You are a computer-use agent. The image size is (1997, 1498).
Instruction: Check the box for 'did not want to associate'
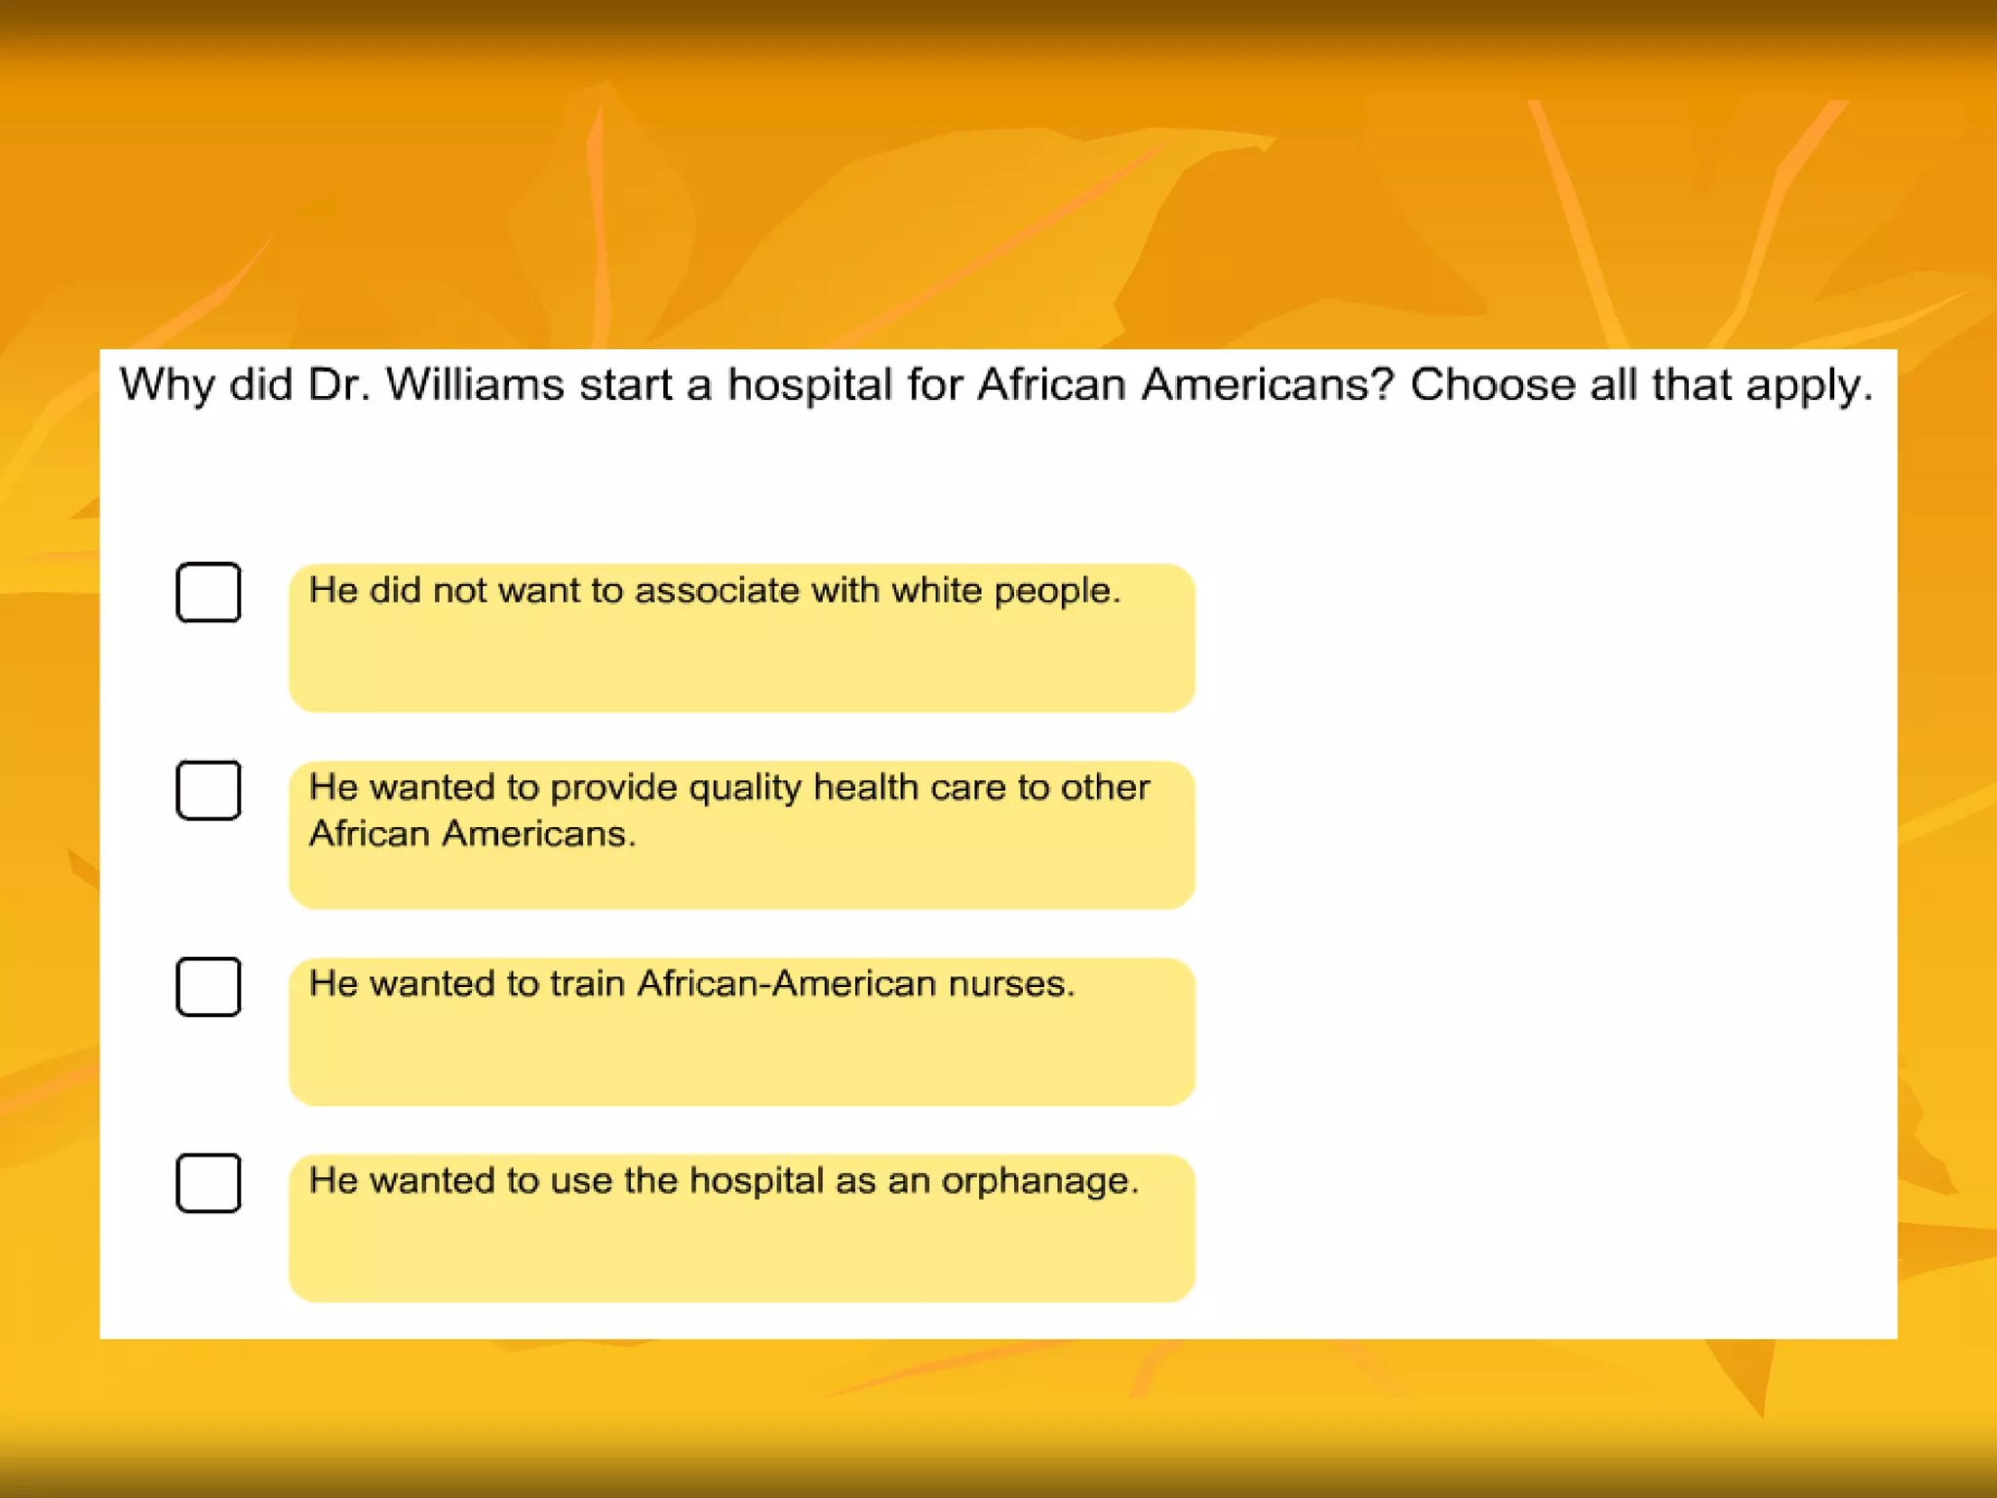point(209,592)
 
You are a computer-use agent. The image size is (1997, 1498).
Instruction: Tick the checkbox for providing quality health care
point(209,790)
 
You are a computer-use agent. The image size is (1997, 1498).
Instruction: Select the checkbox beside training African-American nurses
point(209,987)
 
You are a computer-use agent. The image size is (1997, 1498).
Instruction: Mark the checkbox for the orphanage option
point(209,1183)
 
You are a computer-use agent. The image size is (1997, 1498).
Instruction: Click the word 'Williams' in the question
point(475,384)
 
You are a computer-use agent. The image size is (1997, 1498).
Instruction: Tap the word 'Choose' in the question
point(1492,384)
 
